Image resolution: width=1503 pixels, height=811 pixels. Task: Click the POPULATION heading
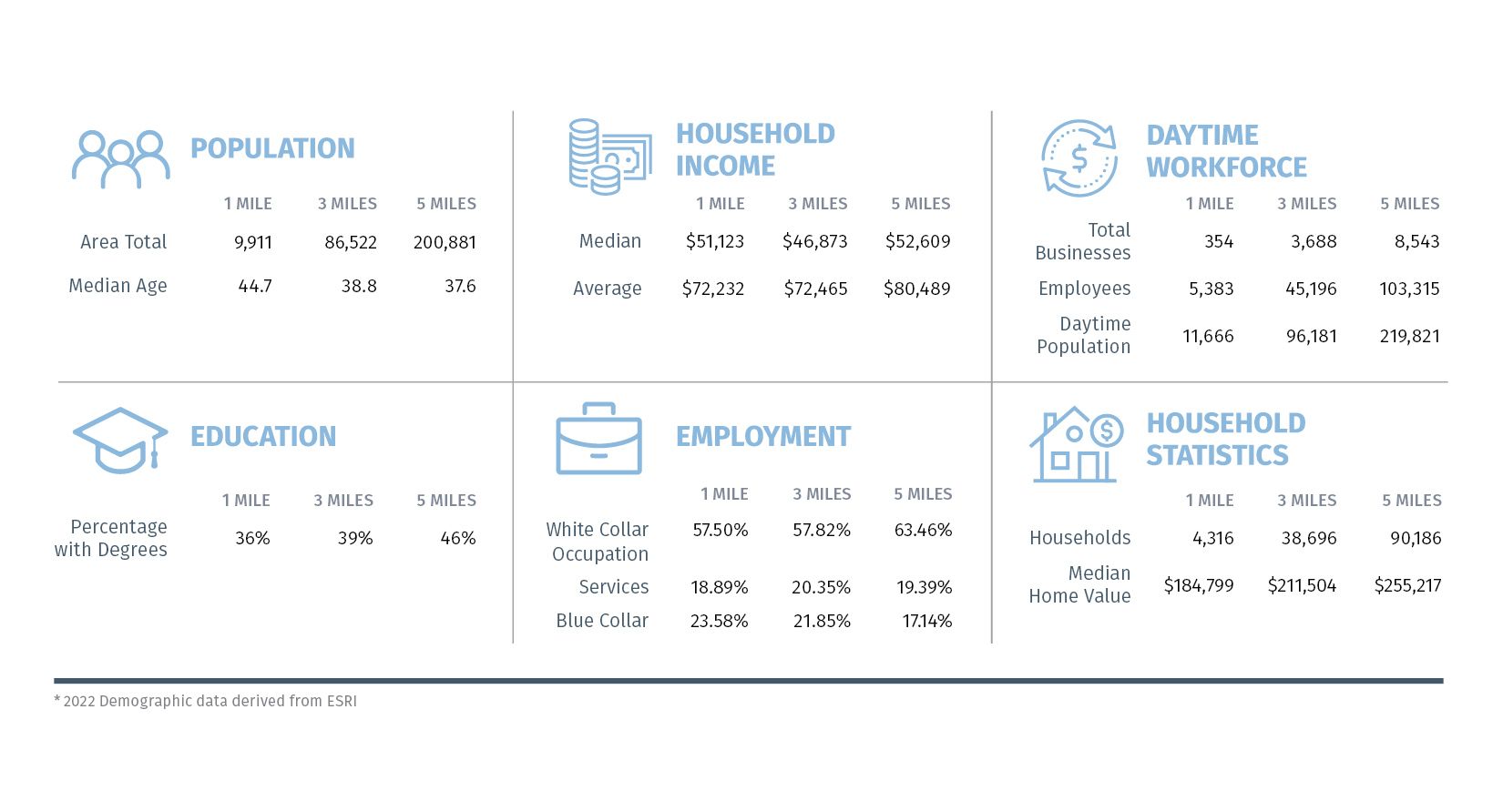[272, 148]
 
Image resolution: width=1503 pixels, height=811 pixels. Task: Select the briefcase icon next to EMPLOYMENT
[598, 439]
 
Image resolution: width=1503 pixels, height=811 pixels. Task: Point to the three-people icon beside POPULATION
[120, 159]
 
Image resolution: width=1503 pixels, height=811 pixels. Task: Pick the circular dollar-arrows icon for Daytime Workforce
[1079, 158]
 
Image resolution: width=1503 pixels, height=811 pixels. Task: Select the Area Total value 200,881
[445, 242]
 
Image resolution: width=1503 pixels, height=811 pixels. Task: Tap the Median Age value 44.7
[255, 286]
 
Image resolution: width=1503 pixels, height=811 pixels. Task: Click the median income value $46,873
[814, 241]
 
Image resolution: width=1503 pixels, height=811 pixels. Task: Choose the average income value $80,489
[916, 289]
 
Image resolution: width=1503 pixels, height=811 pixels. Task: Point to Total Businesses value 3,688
[1314, 241]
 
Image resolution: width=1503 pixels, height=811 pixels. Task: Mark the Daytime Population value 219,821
[1409, 336]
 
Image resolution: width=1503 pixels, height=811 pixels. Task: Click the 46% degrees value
[457, 538]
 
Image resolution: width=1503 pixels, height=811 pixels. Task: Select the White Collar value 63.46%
[923, 530]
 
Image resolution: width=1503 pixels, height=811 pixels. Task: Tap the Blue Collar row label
[602, 621]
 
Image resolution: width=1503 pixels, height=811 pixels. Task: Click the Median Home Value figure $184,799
[1199, 585]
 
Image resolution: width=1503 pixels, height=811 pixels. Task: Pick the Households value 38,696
[1308, 538]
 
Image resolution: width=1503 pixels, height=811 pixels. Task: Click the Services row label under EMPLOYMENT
[614, 587]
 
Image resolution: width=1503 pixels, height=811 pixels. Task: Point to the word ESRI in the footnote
[342, 701]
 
